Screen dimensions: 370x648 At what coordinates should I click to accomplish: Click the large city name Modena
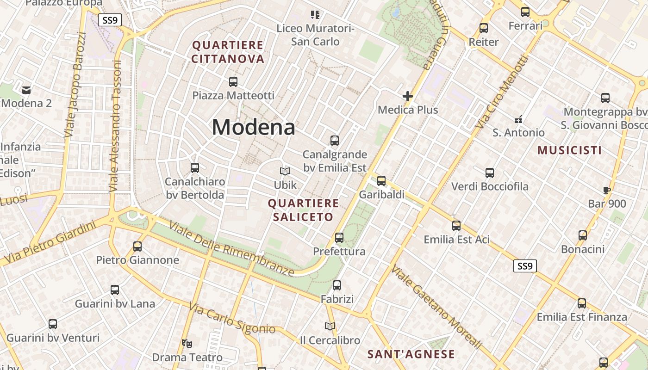coord(254,127)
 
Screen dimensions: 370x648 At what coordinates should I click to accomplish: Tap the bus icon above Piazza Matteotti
coord(233,82)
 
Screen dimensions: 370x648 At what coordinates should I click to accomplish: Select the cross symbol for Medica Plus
coord(408,96)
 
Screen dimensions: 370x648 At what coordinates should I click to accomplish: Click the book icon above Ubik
coord(285,172)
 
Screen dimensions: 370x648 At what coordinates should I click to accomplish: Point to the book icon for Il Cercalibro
coord(330,327)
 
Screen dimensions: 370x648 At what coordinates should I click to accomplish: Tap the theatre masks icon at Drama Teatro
coord(187,343)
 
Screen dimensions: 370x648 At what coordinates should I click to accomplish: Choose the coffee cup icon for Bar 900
coord(607,190)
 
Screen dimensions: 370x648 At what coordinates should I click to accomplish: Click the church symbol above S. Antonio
coord(518,119)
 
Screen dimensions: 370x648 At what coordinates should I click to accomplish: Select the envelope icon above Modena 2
coord(26,90)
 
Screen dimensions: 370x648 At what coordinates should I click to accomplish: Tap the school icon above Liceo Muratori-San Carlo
coord(315,15)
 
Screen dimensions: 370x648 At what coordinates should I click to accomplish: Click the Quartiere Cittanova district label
coord(228,52)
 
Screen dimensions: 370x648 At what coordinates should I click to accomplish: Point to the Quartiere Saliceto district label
coord(303,210)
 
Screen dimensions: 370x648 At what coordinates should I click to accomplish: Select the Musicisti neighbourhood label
coord(569,150)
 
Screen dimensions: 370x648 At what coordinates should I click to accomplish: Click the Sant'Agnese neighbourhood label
coord(411,354)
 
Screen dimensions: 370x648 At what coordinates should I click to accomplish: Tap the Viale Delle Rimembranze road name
coord(231,248)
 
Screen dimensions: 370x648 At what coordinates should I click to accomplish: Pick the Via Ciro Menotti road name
coord(503,92)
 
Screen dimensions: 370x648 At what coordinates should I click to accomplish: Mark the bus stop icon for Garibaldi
coord(381,181)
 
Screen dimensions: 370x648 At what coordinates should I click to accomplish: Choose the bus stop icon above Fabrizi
coord(337,285)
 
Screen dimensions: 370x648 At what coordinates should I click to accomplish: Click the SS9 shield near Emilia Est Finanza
coord(525,266)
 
